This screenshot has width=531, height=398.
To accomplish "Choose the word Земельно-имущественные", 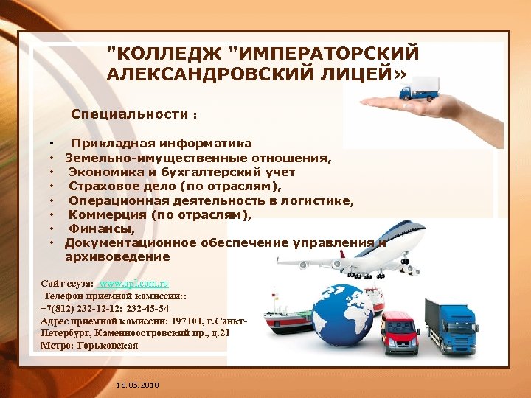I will [x=143, y=157].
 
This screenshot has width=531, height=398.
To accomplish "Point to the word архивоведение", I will [x=117, y=257].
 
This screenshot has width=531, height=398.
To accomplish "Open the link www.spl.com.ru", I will [x=134, y=282].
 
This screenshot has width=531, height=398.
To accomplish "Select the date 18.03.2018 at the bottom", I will [x=138, y=386].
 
